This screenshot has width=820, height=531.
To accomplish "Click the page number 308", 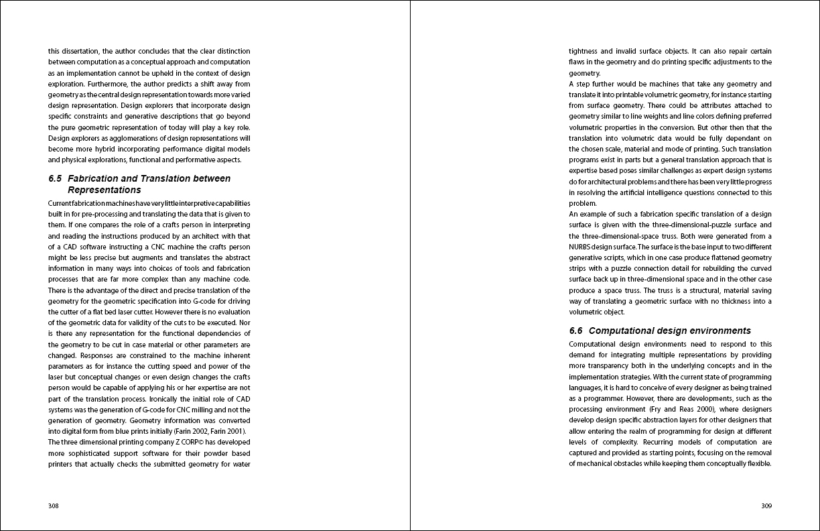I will point(54,506).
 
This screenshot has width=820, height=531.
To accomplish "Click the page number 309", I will point(766,506).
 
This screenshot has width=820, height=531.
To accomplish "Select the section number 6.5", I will point(55,178).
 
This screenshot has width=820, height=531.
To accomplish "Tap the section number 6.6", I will point(576,331).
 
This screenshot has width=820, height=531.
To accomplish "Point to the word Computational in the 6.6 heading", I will point(620,331).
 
